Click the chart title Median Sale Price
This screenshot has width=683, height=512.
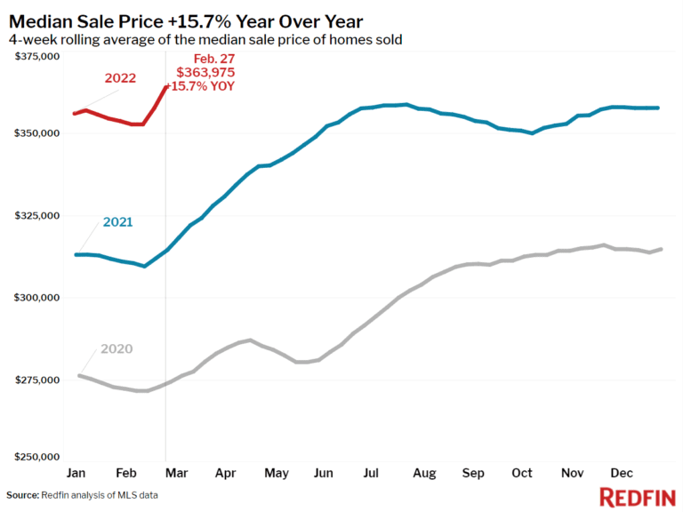pos(187,20)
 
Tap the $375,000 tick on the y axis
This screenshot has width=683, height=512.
pos(36,56)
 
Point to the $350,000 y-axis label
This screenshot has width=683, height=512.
pos(36,133)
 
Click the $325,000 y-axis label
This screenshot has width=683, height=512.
pos(36,215)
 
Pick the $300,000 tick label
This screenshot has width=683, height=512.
pos(36,297)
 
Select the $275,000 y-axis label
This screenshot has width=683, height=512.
pos(36,380)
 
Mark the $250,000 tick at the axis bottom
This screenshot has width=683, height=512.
pos(36,457)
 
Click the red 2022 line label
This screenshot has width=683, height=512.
pos(120,77)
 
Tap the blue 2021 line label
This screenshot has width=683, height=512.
pos(117,221)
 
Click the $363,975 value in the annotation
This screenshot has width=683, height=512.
pos(205,72)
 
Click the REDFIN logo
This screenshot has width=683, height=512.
pos(637,496)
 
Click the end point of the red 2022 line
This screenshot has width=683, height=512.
pos(166,86)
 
